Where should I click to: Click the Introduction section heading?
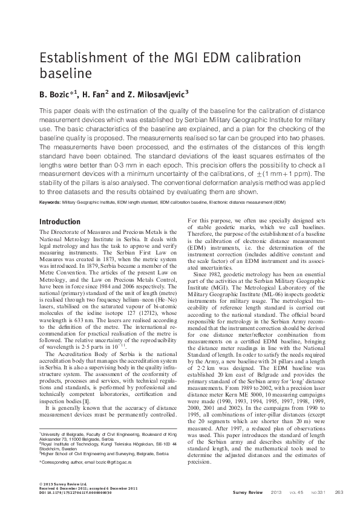pyautogui.click(x=59, y=222)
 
